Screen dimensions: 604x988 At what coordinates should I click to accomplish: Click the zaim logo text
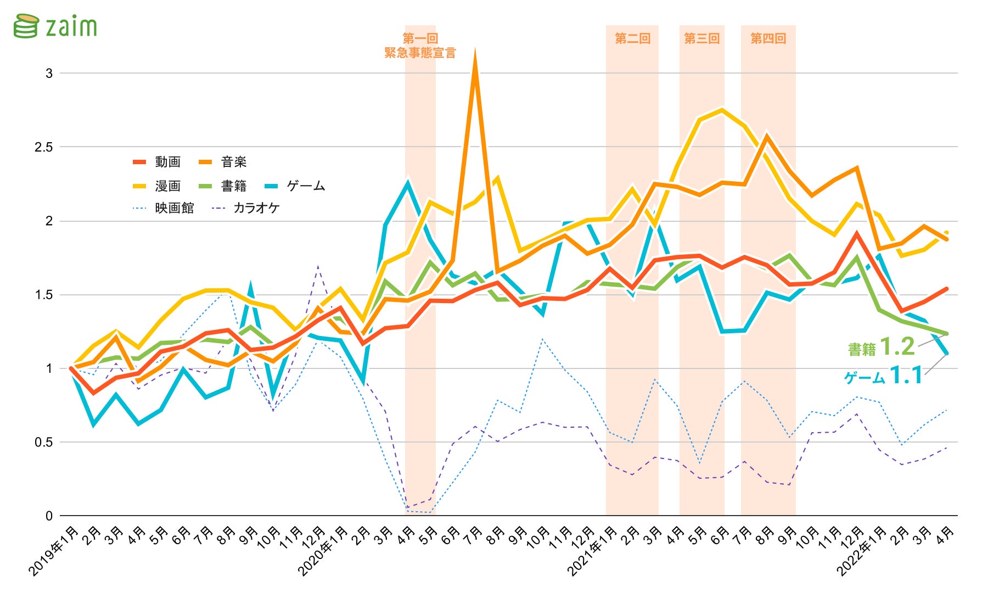[71, 26]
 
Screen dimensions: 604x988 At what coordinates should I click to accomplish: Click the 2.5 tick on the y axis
[44, 147]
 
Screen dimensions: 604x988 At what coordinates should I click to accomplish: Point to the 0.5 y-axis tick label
[44, 442]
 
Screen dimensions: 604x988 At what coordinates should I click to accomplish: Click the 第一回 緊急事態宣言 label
[420, 46]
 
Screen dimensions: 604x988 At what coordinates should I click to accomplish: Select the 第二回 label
[632, 38]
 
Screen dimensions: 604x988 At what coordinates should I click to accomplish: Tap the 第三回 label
[701, 38]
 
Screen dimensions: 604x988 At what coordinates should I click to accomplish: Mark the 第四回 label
[768, 38]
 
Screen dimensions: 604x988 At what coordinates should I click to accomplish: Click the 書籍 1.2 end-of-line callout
[882, 347]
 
